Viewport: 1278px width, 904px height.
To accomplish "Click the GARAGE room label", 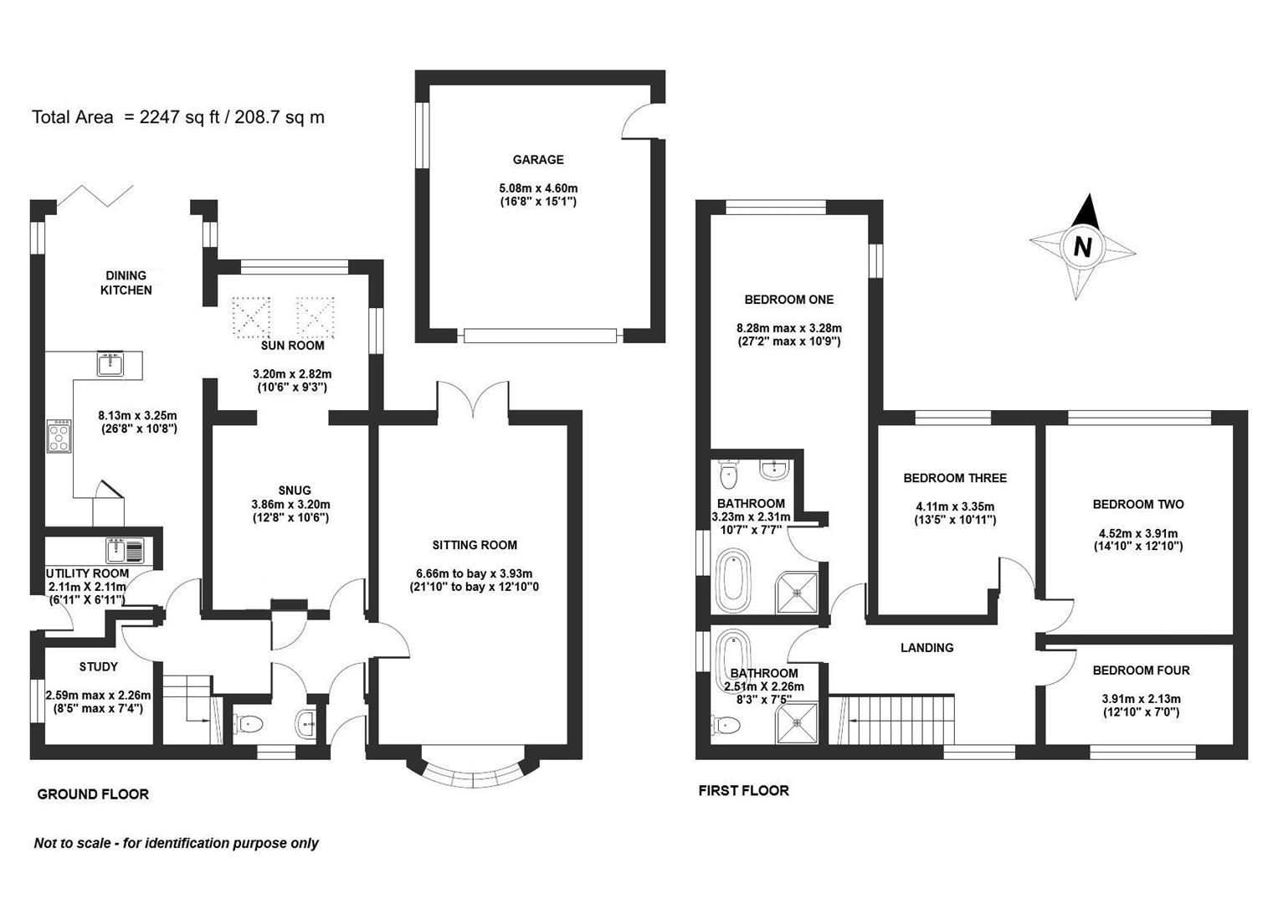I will [538, 160].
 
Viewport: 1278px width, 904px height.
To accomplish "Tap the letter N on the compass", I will [1083, 247].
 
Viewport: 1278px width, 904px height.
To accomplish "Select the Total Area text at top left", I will [177, 117].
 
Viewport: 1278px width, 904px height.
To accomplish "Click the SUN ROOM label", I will [292, 345].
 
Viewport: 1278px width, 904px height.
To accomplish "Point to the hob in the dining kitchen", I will [59, 436].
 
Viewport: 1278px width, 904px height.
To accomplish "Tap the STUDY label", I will [99, 667].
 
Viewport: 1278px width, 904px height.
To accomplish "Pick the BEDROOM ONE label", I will [788, 300].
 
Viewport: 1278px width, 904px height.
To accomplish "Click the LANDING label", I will [926, 647].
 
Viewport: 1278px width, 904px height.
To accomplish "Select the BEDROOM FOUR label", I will [1141, 670].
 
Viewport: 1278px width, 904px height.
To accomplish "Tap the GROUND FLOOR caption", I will [93, 794].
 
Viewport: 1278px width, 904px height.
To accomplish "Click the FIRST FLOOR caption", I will [743, 790].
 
